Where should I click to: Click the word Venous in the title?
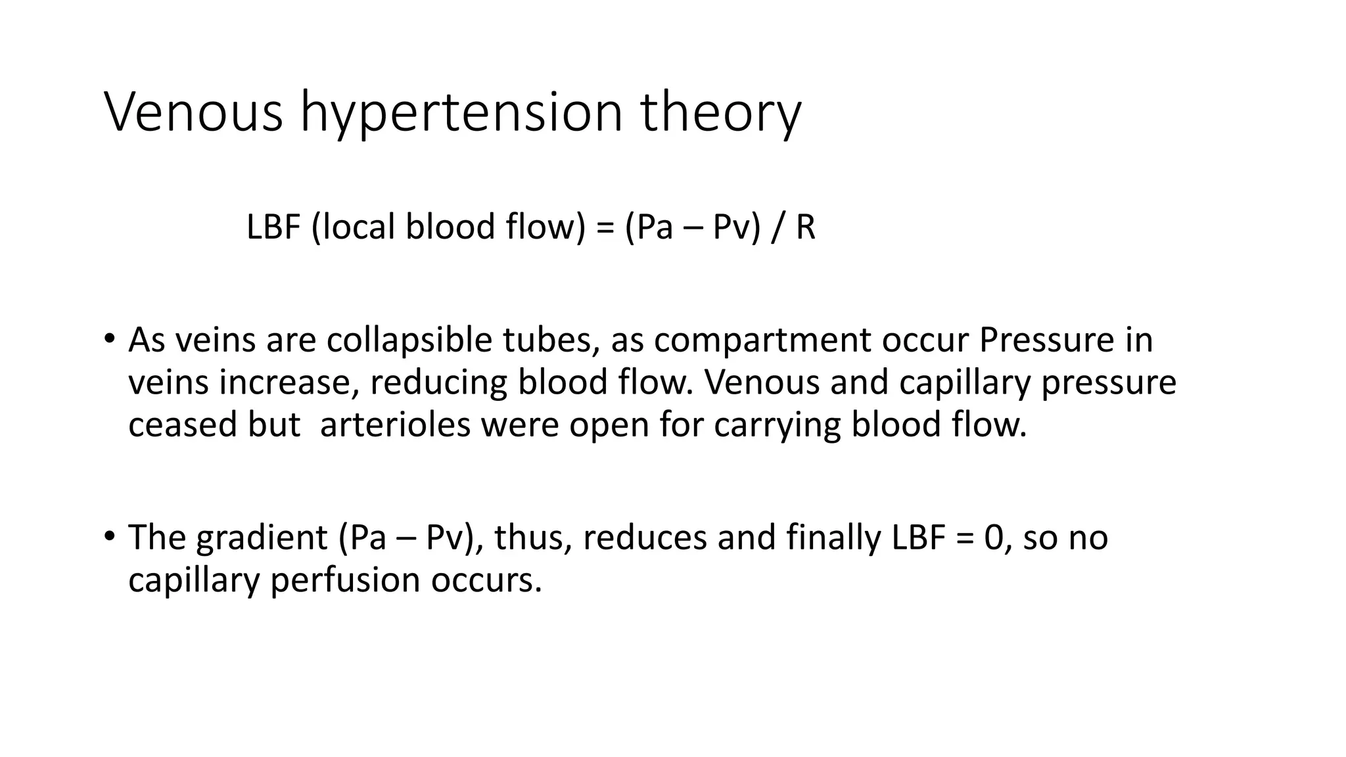click(x=194, y=112)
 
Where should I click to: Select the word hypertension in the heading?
click(x=461, y=113)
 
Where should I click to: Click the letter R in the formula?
click(x=805, y=227)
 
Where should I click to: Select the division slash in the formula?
click(x=779, y=227)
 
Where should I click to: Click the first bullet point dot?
click(x=109, y=340)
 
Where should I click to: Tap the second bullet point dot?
click(x=109, y=536)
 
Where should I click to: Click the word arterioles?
click(x=395, y=424)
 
